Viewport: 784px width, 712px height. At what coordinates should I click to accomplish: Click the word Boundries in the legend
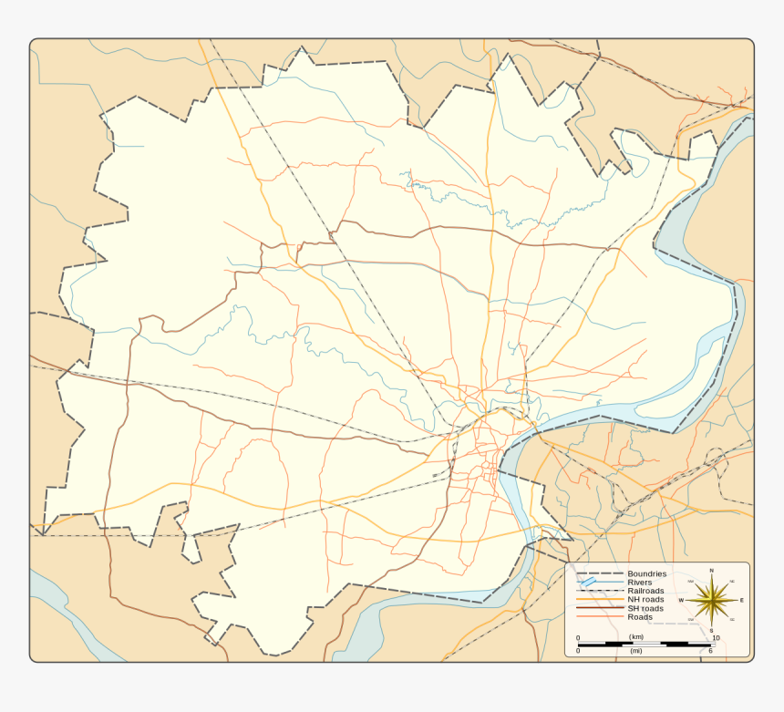click(x=646, y=573)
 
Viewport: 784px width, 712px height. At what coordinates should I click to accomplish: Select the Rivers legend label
click(x=639, y=582)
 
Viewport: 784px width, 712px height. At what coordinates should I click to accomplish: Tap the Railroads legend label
click(x=645, y=591)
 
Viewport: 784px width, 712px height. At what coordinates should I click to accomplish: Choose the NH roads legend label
click(x=645, y=599)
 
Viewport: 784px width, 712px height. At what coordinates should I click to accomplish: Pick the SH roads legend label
click(x=645, y=608)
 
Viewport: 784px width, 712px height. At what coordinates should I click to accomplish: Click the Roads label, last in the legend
click(x=640, y=617)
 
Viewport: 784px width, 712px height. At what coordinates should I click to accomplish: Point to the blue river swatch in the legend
click(x=589, y=582)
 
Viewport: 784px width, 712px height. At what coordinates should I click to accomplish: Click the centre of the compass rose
click(x=711, y=600)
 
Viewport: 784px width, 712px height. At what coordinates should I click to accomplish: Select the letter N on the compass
click(x=711, y=571)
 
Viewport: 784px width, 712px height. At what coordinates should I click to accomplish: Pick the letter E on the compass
click(x=741, y=600)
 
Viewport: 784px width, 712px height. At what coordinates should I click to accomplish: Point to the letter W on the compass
click(x=681, y=600)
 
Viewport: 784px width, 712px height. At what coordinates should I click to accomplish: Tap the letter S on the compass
click(x=711, y=630)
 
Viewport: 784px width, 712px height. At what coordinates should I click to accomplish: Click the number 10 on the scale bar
click(x=716, y=637)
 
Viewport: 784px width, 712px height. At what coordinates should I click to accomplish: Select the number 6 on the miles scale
click(x=710, y=651)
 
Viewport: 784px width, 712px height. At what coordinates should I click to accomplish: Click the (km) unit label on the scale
click(x=636, y=636)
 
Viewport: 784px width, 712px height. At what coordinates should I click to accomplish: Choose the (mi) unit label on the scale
click(x=635, y=651)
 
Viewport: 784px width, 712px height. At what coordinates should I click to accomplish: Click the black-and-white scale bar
click(x=646, y=644)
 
